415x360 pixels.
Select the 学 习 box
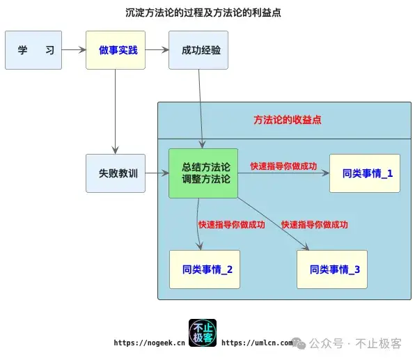pos(33,50)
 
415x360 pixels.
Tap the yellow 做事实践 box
pos(116,50)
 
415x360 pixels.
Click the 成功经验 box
pos(198,50)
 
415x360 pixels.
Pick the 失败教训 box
pos(116,173)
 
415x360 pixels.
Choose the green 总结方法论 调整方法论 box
pos(203,173)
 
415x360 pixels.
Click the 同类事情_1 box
pos(365,173)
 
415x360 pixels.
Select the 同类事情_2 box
pos(205,269)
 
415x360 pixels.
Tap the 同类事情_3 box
pos(332,269)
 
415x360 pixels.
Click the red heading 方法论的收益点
pos(287,120)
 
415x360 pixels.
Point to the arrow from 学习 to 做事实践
pos(73,50)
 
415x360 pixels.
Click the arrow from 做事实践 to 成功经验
pos(157,50)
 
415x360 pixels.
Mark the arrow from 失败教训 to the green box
pos(157,173)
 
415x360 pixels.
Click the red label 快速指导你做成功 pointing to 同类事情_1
pos(283,166)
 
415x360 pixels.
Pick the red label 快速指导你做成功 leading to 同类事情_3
pos(314,225)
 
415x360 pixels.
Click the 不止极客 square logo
pos(203,333)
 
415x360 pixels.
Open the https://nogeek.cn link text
pos(149,343)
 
